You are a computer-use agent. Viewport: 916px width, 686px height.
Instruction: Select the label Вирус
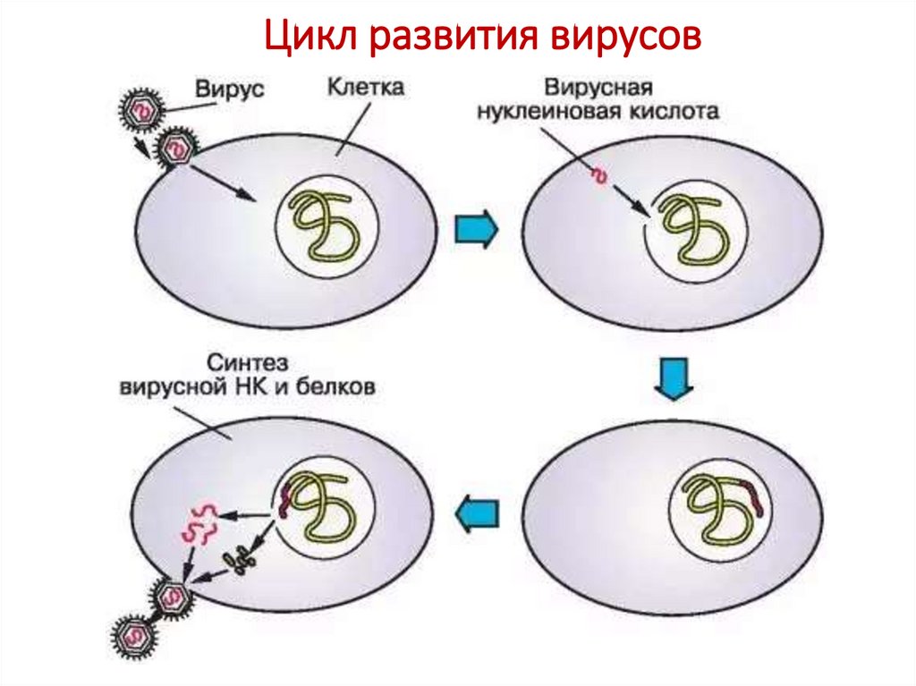pyautogui.click(x=229, y=89)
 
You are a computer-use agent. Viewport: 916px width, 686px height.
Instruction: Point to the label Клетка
pyautogui.click(x=365, y=87)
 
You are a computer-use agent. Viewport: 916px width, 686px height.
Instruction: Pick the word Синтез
pyautogui.click(x=248, y=363)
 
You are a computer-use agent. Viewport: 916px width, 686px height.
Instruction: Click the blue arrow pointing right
pyautogui.click(x=476, y=228)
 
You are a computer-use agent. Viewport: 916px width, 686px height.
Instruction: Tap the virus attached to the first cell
pyautogui.click(x=176, y=148)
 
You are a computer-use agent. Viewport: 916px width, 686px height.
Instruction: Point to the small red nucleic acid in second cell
pyautogui.click(x=599, y=176)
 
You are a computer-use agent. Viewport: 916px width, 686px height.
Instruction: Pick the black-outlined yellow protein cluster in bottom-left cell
pyautogui.click(x=240, y=560)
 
